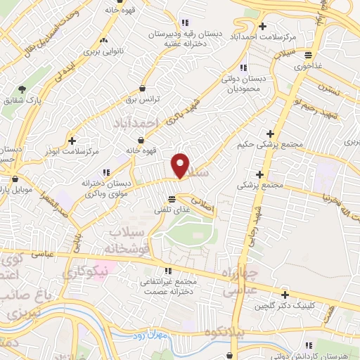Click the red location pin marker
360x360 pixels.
click(181, 165)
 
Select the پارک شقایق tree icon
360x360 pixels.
click(22, 89)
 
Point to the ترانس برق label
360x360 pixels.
click(144, 100)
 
